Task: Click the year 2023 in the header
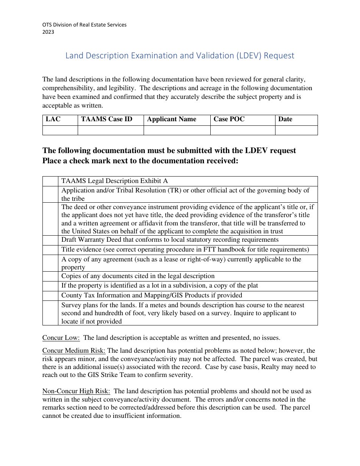(48, 32)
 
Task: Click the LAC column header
(53, 119)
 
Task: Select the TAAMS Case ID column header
(107, 119)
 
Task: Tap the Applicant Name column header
(172, 119)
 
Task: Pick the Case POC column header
(229, 119)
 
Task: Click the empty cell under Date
(296, 130)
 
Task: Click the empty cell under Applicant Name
(177, 130)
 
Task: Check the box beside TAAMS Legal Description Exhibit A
(50, 181)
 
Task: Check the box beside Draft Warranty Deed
(50, 240)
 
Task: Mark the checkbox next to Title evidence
(50, 250)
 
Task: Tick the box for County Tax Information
(50, 296)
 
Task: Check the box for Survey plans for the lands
(50, 313)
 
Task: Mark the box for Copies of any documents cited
(50, 276)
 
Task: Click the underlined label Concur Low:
(61, 338)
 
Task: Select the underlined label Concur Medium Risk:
(74, 351)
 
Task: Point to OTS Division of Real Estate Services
(85, 25)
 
